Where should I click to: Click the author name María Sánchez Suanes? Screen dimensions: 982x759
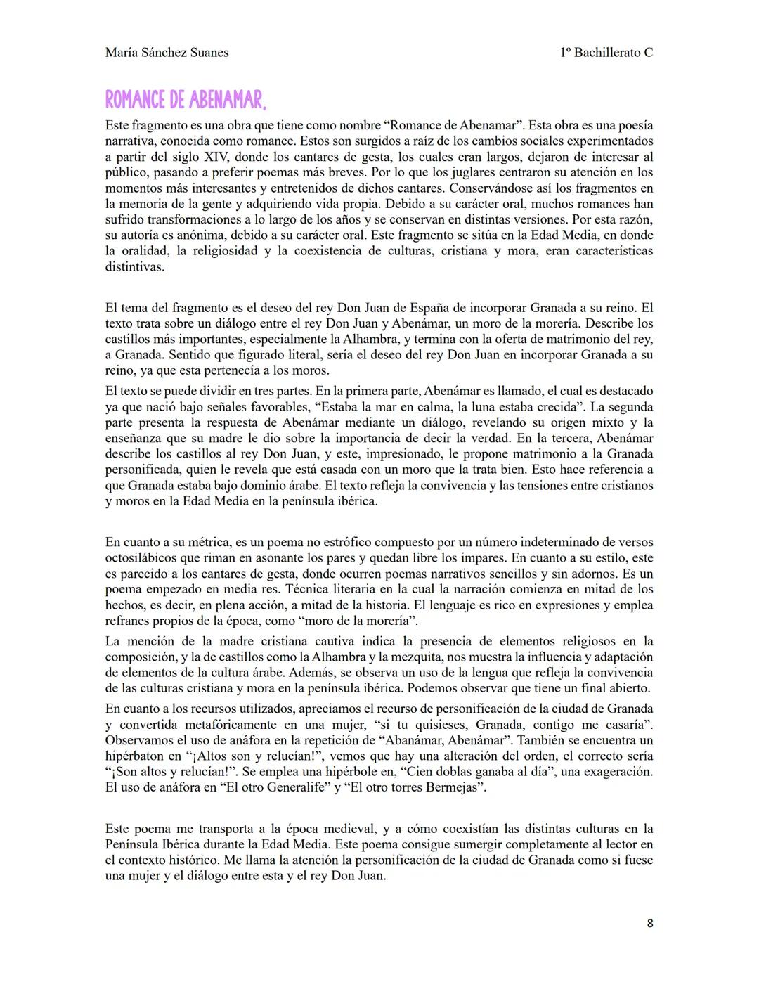pyautogui.click(x=167, y=53)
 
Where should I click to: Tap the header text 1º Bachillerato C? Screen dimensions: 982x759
pyautogui.click(x=606, y=53)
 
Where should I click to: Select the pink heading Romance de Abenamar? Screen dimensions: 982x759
pyautogui.click(x=186, y=100)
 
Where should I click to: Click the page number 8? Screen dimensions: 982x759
pyautogui.click(x=649, y=924)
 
